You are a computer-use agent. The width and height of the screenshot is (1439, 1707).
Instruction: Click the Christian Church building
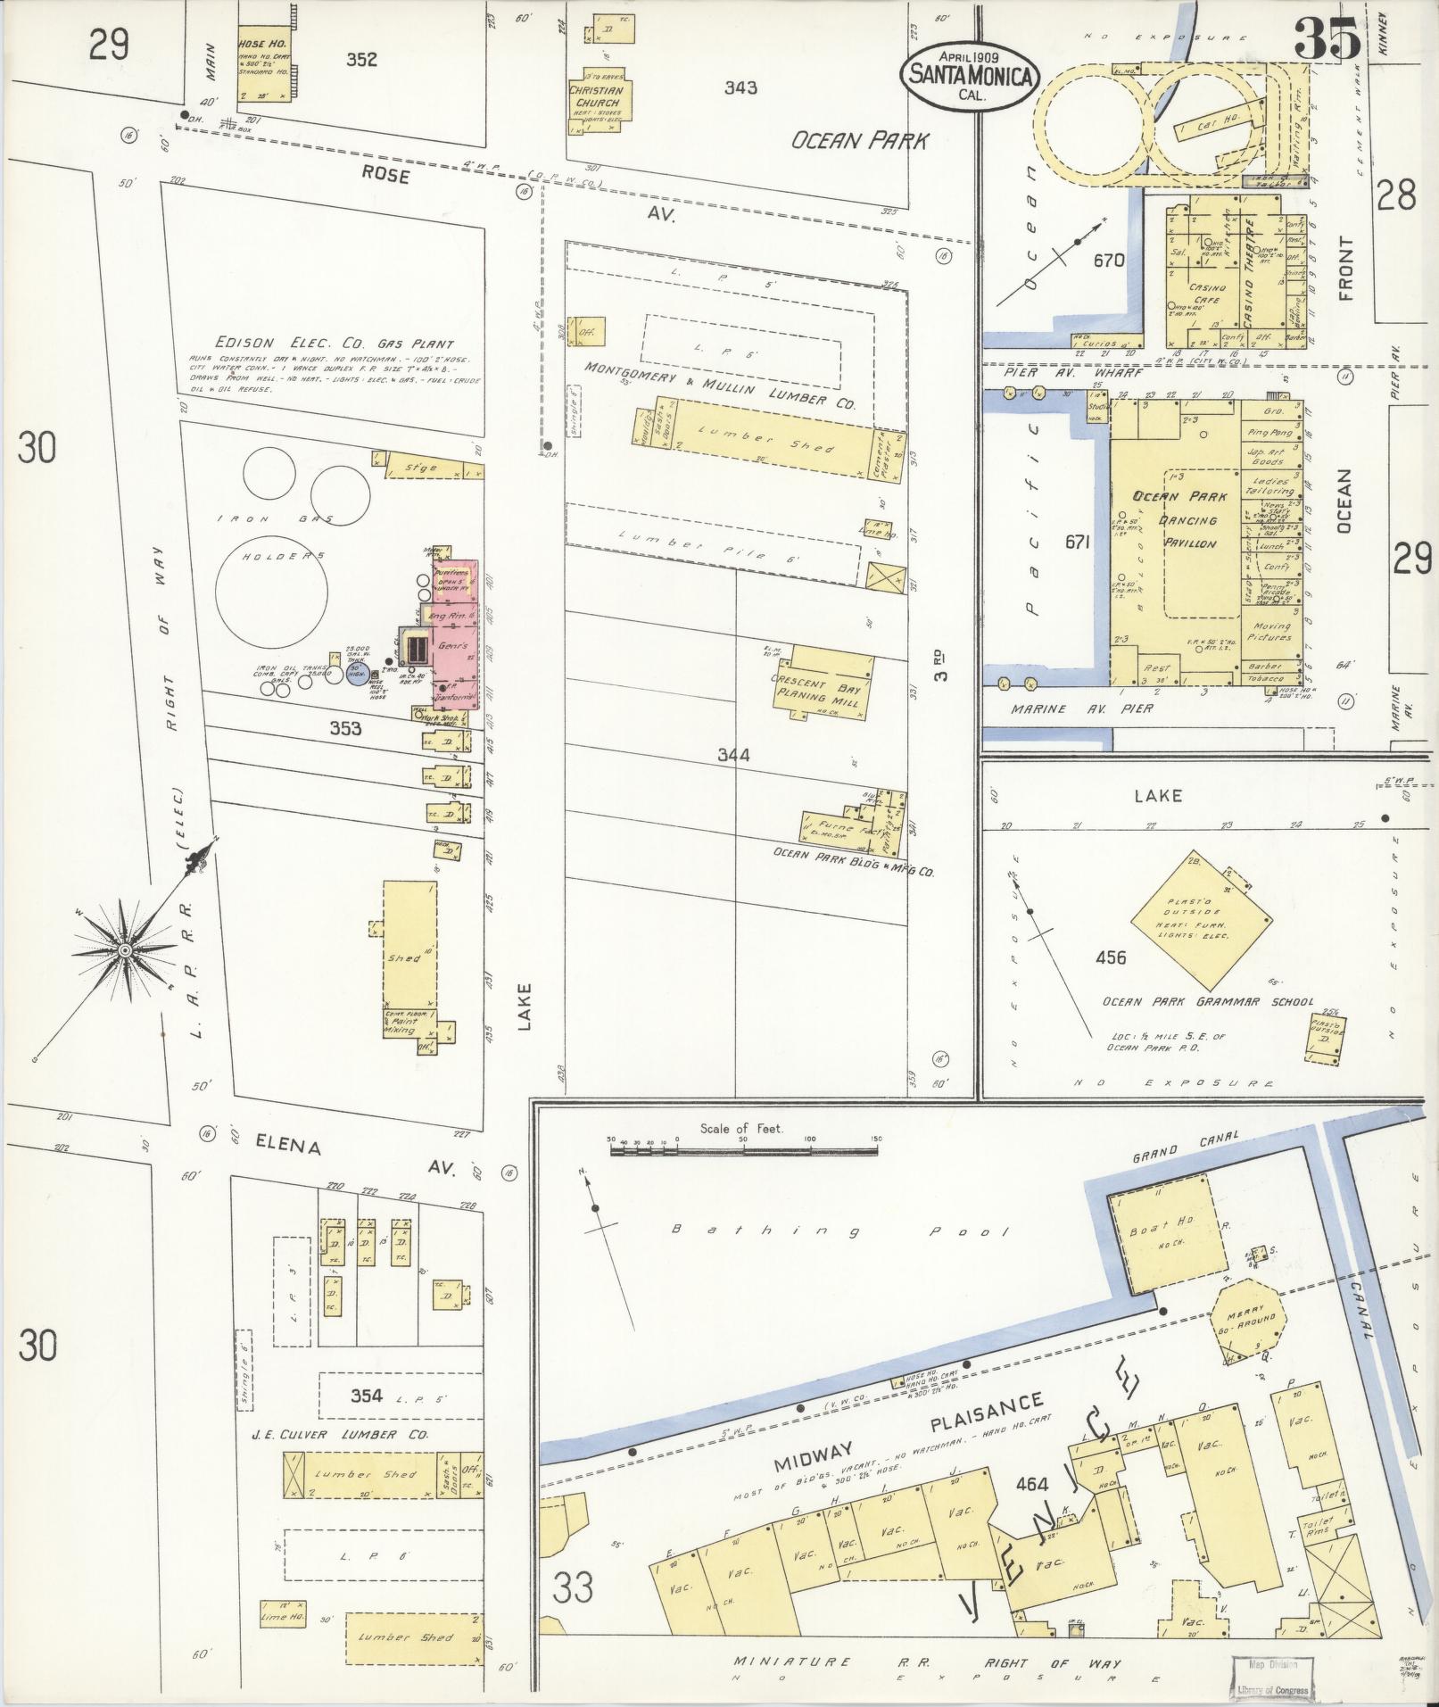(x=597, y=102)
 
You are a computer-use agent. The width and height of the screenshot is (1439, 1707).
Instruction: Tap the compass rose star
(x=125, y=951)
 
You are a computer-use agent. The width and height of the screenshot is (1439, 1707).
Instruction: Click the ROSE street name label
(x=385, y=176)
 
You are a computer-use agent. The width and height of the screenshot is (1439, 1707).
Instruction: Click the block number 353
(x=344, y=728)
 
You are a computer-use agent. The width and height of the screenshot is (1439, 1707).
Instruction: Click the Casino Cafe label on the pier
(x=1204, y=294)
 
